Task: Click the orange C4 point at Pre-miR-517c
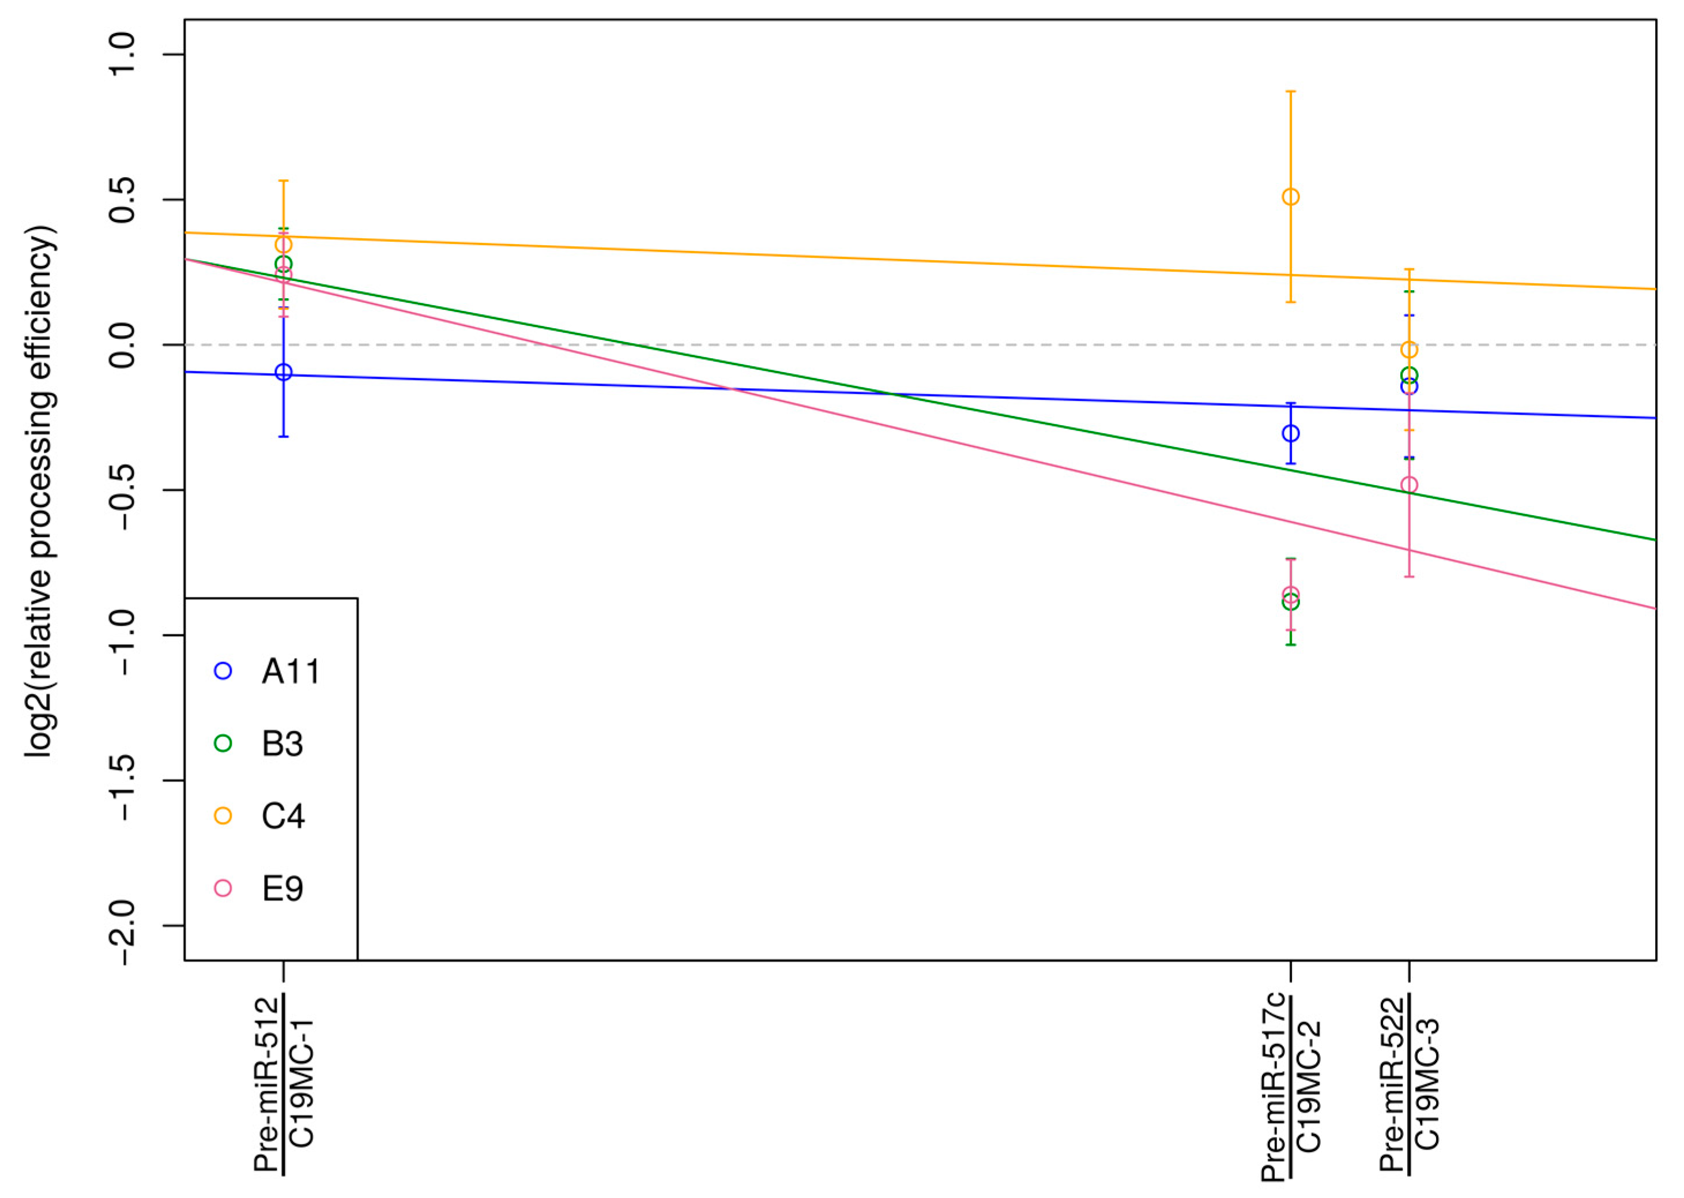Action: click(1290, 197)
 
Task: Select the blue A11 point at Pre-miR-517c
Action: click(1290, 434)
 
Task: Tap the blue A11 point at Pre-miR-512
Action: click(283, 373)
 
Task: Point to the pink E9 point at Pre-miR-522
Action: click(1409, 486)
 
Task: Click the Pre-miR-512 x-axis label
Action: click(267, 1084)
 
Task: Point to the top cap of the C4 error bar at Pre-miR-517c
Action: click(1290, 92)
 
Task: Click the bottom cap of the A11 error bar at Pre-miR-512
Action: click(283, 437)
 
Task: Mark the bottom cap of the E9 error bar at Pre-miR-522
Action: click(1409, 576)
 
